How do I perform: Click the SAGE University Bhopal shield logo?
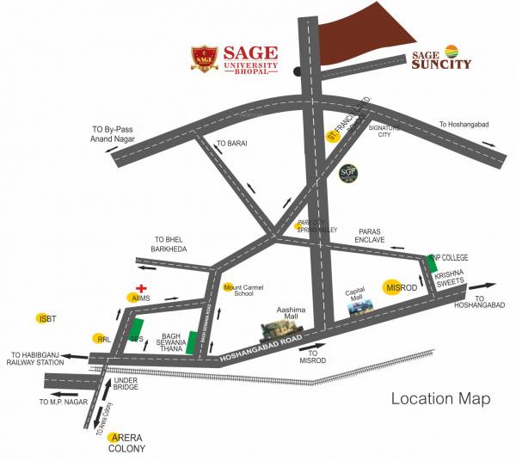point(205,58)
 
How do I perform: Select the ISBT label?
point(46,319)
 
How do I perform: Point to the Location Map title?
point(440,398)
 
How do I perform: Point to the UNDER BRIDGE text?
point(126,384)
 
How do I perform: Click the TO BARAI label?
point(231,143)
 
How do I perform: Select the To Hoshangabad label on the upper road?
point(464,125)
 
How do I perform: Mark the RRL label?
point(102,339)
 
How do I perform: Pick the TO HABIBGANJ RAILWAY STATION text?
point(38,359)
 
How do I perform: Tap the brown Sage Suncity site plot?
point(366,35)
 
